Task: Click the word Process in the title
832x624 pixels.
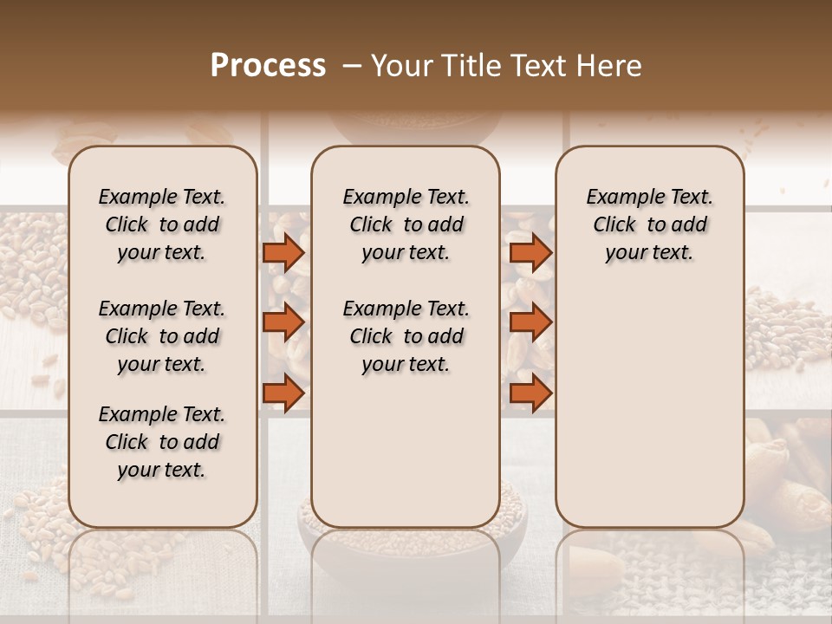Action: pos(268,66)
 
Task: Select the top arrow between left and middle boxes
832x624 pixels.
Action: pos(283,252)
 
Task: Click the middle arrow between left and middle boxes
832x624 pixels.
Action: pos(283,322)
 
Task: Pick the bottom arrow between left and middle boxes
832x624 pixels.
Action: pos(283,393)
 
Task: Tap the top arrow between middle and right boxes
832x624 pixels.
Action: pos(530,252)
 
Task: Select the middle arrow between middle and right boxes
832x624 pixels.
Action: pos(530,322)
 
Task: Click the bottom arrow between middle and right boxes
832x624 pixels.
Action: pos(530,393)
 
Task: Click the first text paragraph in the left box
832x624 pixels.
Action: pos(162,224)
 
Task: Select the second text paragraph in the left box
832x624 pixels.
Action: pos(162,336)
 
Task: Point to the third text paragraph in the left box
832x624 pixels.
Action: pos(162,442)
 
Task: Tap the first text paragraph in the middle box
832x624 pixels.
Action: pos(406,224)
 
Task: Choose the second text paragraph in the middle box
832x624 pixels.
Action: pos(406,336)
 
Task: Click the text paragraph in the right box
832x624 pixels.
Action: pos(649,224)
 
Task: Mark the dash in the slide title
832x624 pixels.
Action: pos(351,66)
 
